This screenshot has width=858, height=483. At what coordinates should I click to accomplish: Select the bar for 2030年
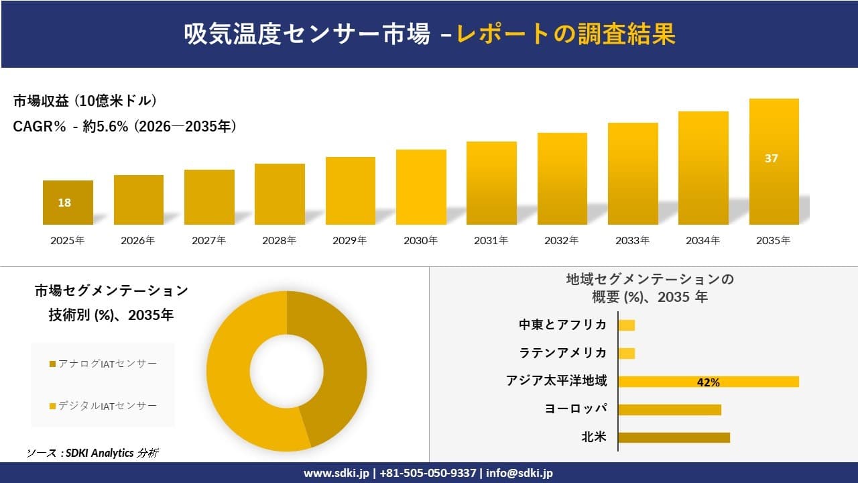421,187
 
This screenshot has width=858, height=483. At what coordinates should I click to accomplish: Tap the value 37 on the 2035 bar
771,159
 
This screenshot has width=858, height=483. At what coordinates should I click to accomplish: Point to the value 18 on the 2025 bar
64,203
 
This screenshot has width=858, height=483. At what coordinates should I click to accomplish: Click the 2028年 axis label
279,241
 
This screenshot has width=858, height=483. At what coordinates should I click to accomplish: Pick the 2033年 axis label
632,241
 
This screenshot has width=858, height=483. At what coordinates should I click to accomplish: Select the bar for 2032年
562,179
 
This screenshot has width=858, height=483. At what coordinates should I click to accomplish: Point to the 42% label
708,382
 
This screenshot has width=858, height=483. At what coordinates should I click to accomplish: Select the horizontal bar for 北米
673,437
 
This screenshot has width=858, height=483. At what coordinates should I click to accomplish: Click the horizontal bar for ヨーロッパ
669,409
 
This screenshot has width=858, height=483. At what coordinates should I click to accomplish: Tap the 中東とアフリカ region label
562,325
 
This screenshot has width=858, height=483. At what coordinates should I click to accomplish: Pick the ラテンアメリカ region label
562,353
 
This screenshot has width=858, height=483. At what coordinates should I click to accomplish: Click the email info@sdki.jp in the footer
520,473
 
